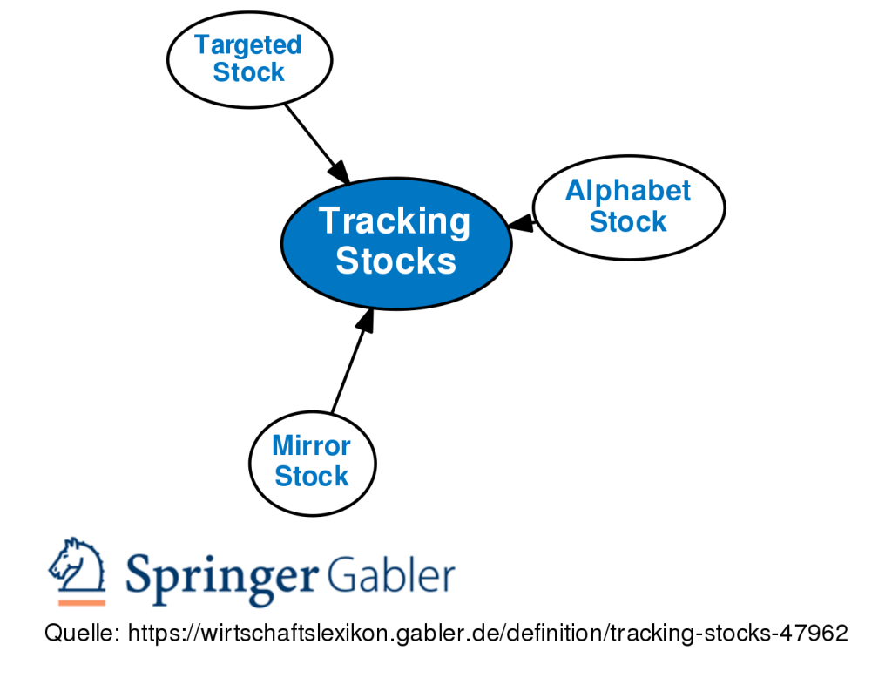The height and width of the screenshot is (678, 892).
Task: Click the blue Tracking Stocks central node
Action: click(x=395, y=243)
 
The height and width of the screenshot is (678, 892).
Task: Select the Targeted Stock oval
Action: click(x=249, y=59)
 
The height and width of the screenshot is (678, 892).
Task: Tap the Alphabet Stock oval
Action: click(x=628, y=207)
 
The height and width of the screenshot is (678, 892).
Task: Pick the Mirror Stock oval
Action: click(x=312, y=461)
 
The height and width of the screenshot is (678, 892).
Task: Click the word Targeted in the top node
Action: click(x=248, y=44)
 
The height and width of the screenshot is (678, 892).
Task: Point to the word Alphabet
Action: click(x=628, y=191)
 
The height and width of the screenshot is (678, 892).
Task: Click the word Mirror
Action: click(x=312, y=445)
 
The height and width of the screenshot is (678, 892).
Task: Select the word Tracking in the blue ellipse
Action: click(x=395, y=221)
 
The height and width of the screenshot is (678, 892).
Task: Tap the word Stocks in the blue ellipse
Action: click(x=396, y=261)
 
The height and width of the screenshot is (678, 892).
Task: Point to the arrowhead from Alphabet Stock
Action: click(x=521, y=223)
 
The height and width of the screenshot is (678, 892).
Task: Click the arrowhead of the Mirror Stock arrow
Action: click(x=367, y=320)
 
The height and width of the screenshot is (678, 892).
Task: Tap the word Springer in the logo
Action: click(x=221, y=575)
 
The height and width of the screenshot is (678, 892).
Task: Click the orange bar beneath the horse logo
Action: click(x=81, y=602)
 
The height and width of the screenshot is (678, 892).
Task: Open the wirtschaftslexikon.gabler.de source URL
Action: click(x=487, y=634)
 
